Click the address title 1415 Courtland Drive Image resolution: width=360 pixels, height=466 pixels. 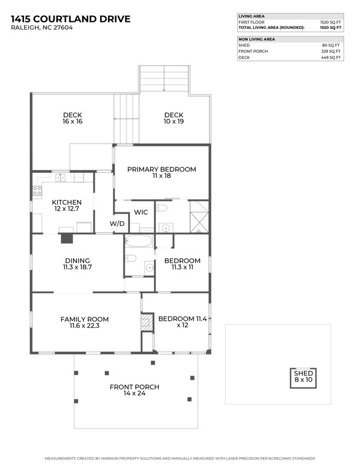(x=71, y=19)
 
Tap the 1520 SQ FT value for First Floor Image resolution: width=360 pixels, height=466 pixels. (x=331, y=22)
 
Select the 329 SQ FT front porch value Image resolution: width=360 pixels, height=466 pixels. (x=331, y=51)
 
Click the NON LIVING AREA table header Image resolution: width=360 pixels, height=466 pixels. (x=256, y=39)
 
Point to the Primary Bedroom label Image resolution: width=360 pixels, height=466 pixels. (x=162, y=169)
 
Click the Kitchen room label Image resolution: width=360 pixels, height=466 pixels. (x=66, y=202)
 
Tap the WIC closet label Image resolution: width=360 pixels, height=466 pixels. (x=141, y=212)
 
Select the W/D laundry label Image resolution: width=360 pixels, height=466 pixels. (x=117, y=224)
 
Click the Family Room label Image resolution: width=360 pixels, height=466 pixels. (x=85, y=319)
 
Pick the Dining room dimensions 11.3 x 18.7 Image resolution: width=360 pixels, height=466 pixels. (x=77, y=267)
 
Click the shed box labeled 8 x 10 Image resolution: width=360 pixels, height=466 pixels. (x=304, y=378)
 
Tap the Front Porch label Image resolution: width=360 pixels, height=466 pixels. (x=135, y=387)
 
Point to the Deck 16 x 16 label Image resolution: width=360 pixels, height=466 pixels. (x=72, y=118)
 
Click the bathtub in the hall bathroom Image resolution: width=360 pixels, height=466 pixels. (x=138, y=241)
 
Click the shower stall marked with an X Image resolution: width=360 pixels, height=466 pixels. (x=199, y=217)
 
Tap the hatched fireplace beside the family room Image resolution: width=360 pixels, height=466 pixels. (x=147, y=322)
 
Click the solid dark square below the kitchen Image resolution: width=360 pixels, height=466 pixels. (x=67, y=239)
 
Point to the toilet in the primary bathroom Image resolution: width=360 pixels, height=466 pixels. (x=161, y=208)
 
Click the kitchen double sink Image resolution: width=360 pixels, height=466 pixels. (x=61, y=178)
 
